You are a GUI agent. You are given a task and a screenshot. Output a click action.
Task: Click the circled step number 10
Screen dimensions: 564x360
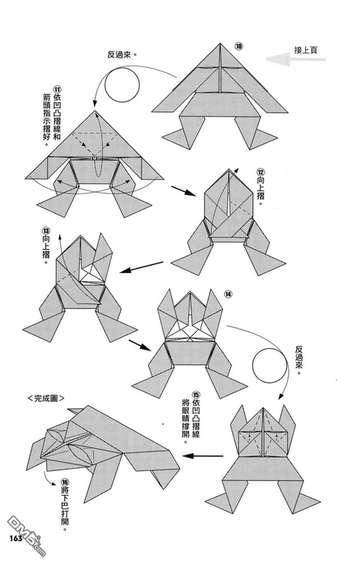click(239, 46)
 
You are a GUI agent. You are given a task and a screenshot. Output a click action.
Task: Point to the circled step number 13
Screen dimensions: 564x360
click(46, 230)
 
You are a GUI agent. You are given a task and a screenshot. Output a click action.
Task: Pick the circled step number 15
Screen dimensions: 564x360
click(195, 394)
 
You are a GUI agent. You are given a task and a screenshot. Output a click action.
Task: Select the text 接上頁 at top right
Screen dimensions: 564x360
click(306, 50)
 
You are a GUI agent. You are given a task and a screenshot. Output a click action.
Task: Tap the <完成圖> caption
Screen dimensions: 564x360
click(46, 398)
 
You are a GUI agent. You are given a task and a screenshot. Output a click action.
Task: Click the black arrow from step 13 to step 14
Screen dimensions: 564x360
click(140, 345)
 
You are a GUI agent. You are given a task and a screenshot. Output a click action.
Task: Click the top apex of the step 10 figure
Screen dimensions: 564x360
click(220, 44)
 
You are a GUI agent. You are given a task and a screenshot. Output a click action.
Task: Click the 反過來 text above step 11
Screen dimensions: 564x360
click(123, 55)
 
